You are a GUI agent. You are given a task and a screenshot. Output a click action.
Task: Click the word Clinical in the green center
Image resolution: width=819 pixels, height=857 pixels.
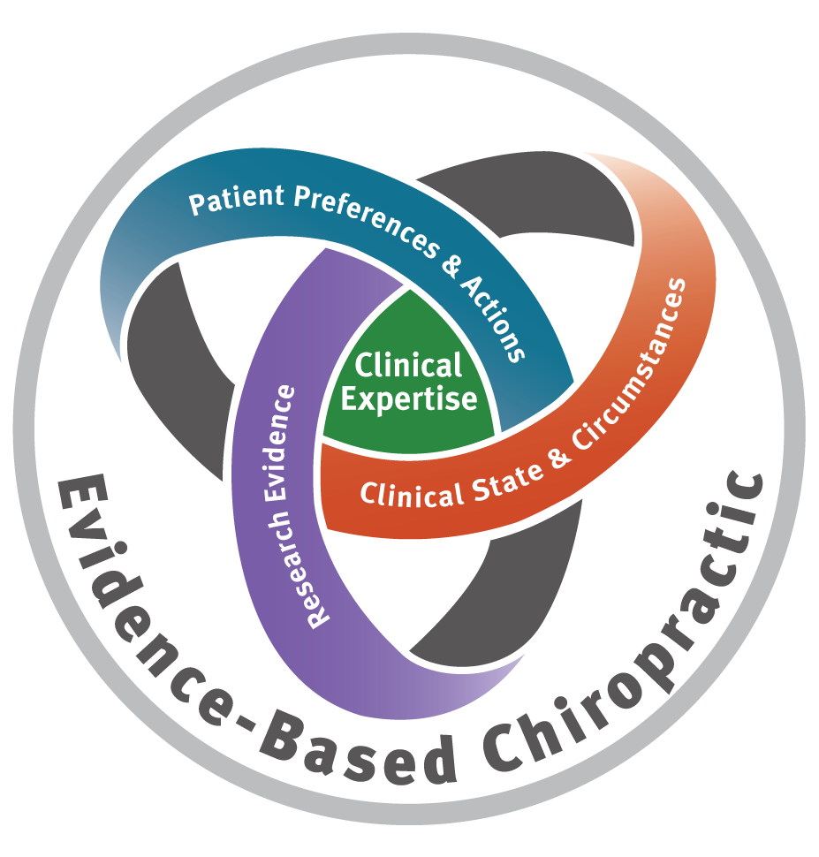click(408, 365)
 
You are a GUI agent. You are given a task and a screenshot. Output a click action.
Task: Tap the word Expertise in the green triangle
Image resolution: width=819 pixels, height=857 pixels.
click(409, 398)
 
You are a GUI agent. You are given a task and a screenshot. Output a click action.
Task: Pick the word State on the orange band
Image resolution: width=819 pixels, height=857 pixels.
click(506, 473)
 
